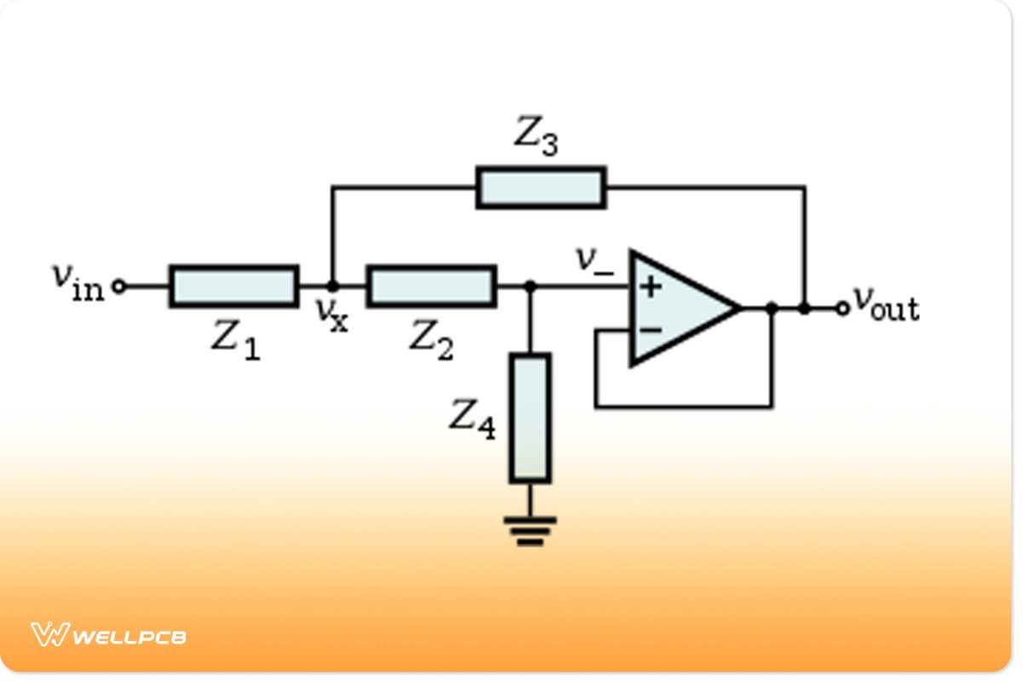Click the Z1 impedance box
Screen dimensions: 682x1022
(x=233, y=286)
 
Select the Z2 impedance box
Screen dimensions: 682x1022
(x=431, y=286)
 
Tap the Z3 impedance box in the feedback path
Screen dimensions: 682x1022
(x=541, y=188)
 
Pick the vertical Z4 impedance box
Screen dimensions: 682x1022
(x=530, y=419)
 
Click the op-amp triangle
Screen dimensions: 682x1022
(x=677, y=309)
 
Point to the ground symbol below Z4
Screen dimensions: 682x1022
(x=530, y=529)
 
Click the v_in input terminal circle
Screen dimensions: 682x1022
(x=119, y=286)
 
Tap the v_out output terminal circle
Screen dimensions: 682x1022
(x=841, y=309)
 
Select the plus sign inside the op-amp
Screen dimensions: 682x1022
(x=651, y=286)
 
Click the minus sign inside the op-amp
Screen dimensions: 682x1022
(x=650, y=329)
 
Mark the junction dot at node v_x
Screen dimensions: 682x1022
(x=332, y=286)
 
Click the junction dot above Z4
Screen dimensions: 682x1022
(x=530, y=286)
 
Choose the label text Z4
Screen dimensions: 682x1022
(x=472, y=419)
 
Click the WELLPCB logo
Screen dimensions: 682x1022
(x=108, y=635)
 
